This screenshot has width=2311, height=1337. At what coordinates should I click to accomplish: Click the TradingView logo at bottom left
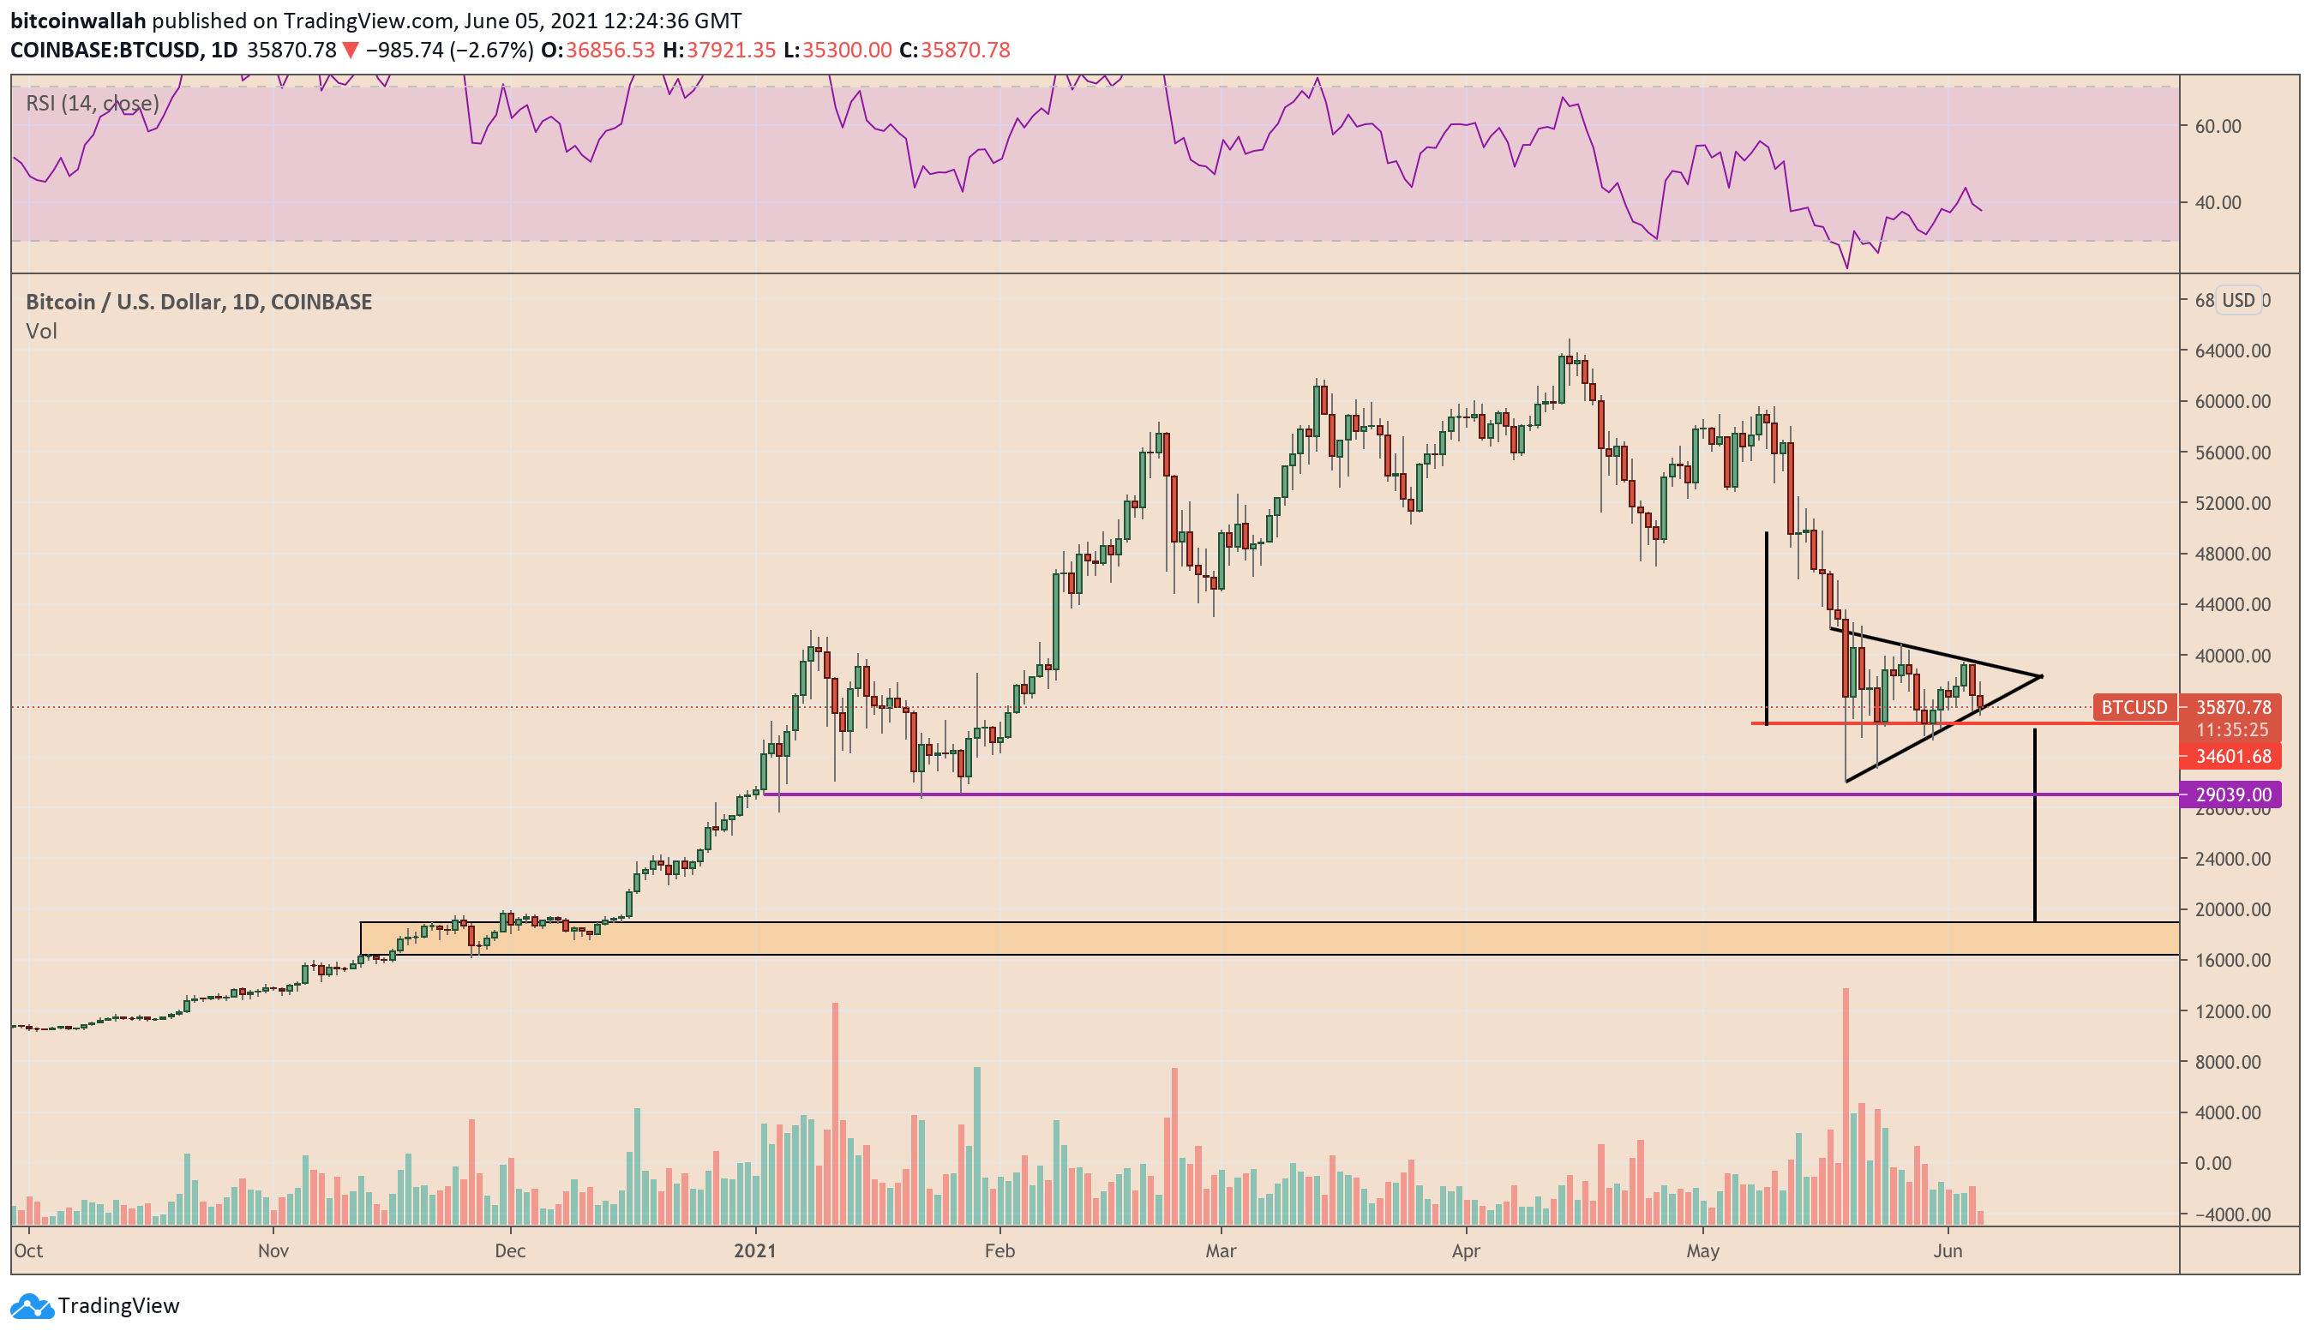click(x=95, y=1305)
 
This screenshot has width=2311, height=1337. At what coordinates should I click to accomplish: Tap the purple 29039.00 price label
click(x=2231, y=794)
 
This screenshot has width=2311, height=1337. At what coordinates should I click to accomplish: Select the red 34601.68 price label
click(x=2231, y=757)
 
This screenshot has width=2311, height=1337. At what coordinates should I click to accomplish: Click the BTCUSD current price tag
click(x=2134, y=707)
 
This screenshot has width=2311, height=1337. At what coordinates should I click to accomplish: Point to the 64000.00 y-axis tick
click(x=2231, y=351)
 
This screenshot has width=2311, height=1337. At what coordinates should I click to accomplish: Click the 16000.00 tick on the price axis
click(x=2231, y=960)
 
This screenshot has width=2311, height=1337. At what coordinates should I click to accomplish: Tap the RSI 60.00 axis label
click(x=2218, y=126)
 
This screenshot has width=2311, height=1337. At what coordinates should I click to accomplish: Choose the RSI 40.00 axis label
click(x=2218, y=201)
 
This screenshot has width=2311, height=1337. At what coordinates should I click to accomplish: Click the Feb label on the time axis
click(x=999, y=1250)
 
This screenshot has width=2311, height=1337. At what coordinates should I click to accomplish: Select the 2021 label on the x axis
click(x=754, y=1250)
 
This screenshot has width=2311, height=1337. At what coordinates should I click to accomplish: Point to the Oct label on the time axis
click(x=28, y=1250)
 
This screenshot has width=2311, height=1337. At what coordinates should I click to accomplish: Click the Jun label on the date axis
click(x=1947, y=1250)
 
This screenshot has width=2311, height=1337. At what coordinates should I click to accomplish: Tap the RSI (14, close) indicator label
click(x=92, y=103)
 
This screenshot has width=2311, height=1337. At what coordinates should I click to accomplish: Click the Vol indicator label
click(x=41, y=331)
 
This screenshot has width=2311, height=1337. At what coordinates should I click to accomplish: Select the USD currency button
click(x=2237, y=300)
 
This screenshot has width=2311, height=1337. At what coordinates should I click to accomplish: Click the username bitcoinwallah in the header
click(x=78, y=21)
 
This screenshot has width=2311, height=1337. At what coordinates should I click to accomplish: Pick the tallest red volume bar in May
click(x=1846, y=1105)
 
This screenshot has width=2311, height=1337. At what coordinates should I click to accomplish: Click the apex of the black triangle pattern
click(x=2041, y=677)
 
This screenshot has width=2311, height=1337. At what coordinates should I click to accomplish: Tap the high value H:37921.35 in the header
click(x=719, y=50)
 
